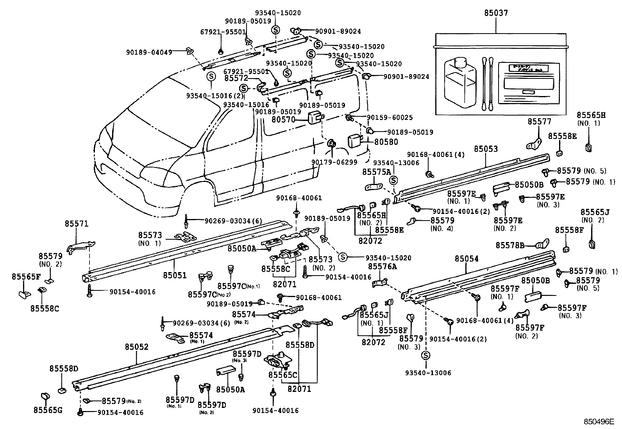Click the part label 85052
pos(137,347)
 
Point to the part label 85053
pos(486,149)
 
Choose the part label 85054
pos(466,258)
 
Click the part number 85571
pos(77,224)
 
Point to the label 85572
pos(236,78)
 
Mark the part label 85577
pos(539,121)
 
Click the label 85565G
pos(48,409)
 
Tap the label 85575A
pos(376,172)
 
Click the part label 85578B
pos(510,245)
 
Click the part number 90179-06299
pos(334,162)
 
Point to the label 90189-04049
pos(149,52)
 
